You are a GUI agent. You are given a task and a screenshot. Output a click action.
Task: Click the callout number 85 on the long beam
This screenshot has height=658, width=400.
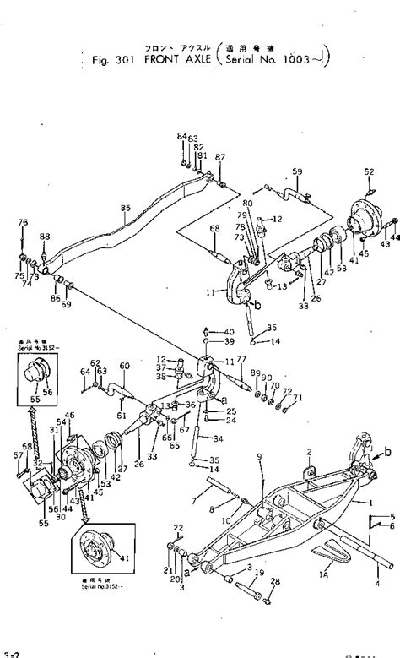126,208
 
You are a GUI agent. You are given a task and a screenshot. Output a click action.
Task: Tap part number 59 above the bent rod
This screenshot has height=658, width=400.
296,173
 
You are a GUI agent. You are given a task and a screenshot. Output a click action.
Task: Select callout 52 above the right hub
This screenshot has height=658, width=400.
369,172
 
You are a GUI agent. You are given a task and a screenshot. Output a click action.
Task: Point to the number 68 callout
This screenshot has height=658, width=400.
214,228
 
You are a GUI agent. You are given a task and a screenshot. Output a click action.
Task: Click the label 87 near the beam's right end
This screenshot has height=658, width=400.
220,158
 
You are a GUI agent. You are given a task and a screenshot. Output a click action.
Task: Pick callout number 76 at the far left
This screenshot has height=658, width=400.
23,222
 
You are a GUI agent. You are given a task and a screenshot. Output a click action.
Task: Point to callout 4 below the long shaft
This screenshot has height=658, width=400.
376,580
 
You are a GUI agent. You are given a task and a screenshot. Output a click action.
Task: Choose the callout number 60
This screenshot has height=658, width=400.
124,365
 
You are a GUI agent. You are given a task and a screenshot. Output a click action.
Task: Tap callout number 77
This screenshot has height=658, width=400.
241,359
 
